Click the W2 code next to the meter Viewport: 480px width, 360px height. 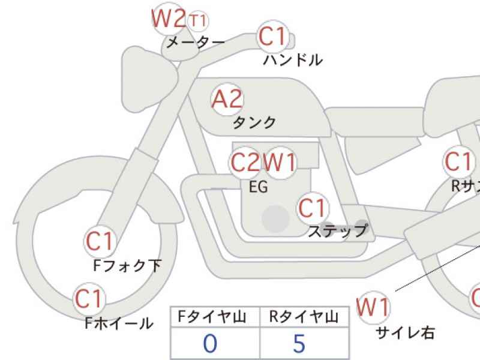pos(168,20)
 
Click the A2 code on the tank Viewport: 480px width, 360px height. pos(227,99)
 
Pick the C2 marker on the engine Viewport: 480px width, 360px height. pos(246,163)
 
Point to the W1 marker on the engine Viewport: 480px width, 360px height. pos(280,163)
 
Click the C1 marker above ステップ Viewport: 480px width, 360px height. pos(313,208)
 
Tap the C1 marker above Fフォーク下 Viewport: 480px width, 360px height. pos(100,241)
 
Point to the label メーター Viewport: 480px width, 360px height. pos(194,43)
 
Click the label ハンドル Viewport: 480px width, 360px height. pos(293,61)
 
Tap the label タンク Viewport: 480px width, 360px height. pos(254,123)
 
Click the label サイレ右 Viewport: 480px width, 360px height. pos(405,333)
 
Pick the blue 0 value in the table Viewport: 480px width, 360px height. pos(210,344)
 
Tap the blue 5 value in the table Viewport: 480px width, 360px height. pos(299,344)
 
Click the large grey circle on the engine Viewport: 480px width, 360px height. pos(274,218)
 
